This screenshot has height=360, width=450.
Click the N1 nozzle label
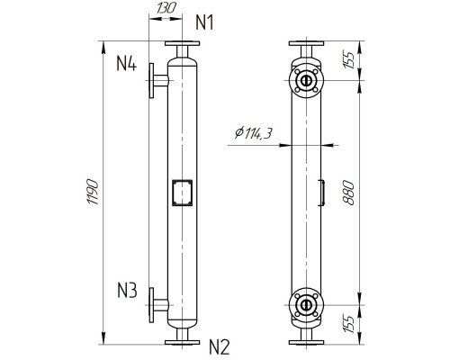pos(207,21)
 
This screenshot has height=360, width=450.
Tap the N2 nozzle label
pos(220,344)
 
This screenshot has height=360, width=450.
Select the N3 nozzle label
pos(126,291)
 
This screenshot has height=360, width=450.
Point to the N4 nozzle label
pos(126,64)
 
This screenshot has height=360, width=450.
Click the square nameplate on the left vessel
pos(182,192)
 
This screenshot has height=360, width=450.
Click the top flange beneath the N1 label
pos(182,48)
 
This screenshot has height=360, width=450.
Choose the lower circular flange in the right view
pos(307,305)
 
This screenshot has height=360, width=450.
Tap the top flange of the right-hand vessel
pos(307,48)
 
